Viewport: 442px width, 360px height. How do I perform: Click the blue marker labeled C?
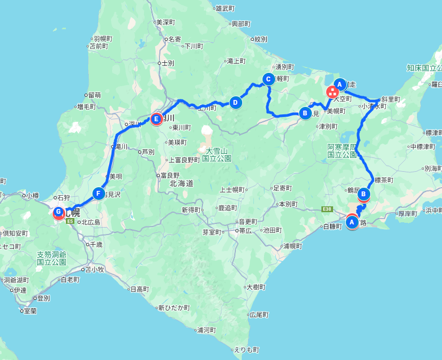[268, 80]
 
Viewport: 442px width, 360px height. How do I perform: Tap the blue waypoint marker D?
[236, 102]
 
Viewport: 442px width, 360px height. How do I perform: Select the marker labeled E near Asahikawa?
[156, 119]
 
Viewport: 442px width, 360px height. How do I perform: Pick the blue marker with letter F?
[98, 194]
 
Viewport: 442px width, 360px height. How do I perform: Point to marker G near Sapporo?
[58, 212]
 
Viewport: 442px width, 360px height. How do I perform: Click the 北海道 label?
[181, 183]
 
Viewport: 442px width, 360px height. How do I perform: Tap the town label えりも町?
[247, 350]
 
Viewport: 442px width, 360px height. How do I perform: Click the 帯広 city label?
[244, 231]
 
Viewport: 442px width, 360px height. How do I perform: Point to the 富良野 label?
[171, 175]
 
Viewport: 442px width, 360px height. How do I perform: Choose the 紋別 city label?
[260, 39]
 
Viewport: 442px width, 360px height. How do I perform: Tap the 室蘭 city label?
[30, 311]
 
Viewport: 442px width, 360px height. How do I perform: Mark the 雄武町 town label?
[225, 8]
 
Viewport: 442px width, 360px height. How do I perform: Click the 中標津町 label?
[423, 147]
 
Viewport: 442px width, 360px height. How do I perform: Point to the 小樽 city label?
[32, 195]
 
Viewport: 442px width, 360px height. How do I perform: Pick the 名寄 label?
[175, 39]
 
